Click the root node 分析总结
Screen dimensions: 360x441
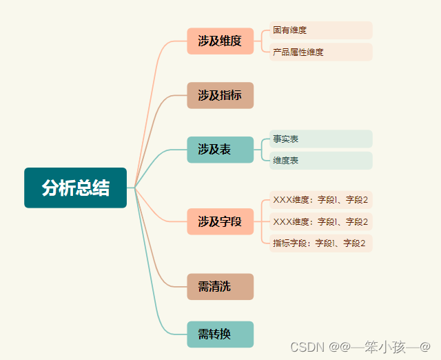point(75,188)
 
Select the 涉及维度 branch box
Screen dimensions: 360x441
point(220,41)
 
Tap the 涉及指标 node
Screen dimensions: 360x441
point(220,96)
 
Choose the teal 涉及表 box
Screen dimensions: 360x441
point(220,150)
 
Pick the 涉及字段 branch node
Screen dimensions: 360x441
point(220,221)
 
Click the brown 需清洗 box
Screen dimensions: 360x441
point(220,287)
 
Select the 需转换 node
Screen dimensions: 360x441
point(220,334)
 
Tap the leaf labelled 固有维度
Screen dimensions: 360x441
point(320,30)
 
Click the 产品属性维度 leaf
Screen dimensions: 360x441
point(320,52)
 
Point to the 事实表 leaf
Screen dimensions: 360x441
point(320,139)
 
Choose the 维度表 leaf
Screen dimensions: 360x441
point(320,161)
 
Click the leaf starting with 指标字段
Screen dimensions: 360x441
point(320,243)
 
